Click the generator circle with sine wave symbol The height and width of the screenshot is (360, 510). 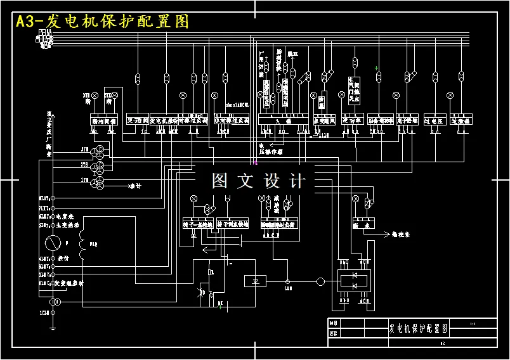point(53,242)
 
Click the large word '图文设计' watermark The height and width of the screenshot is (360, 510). point(258,181)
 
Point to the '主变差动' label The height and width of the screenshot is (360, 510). point(67,224)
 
